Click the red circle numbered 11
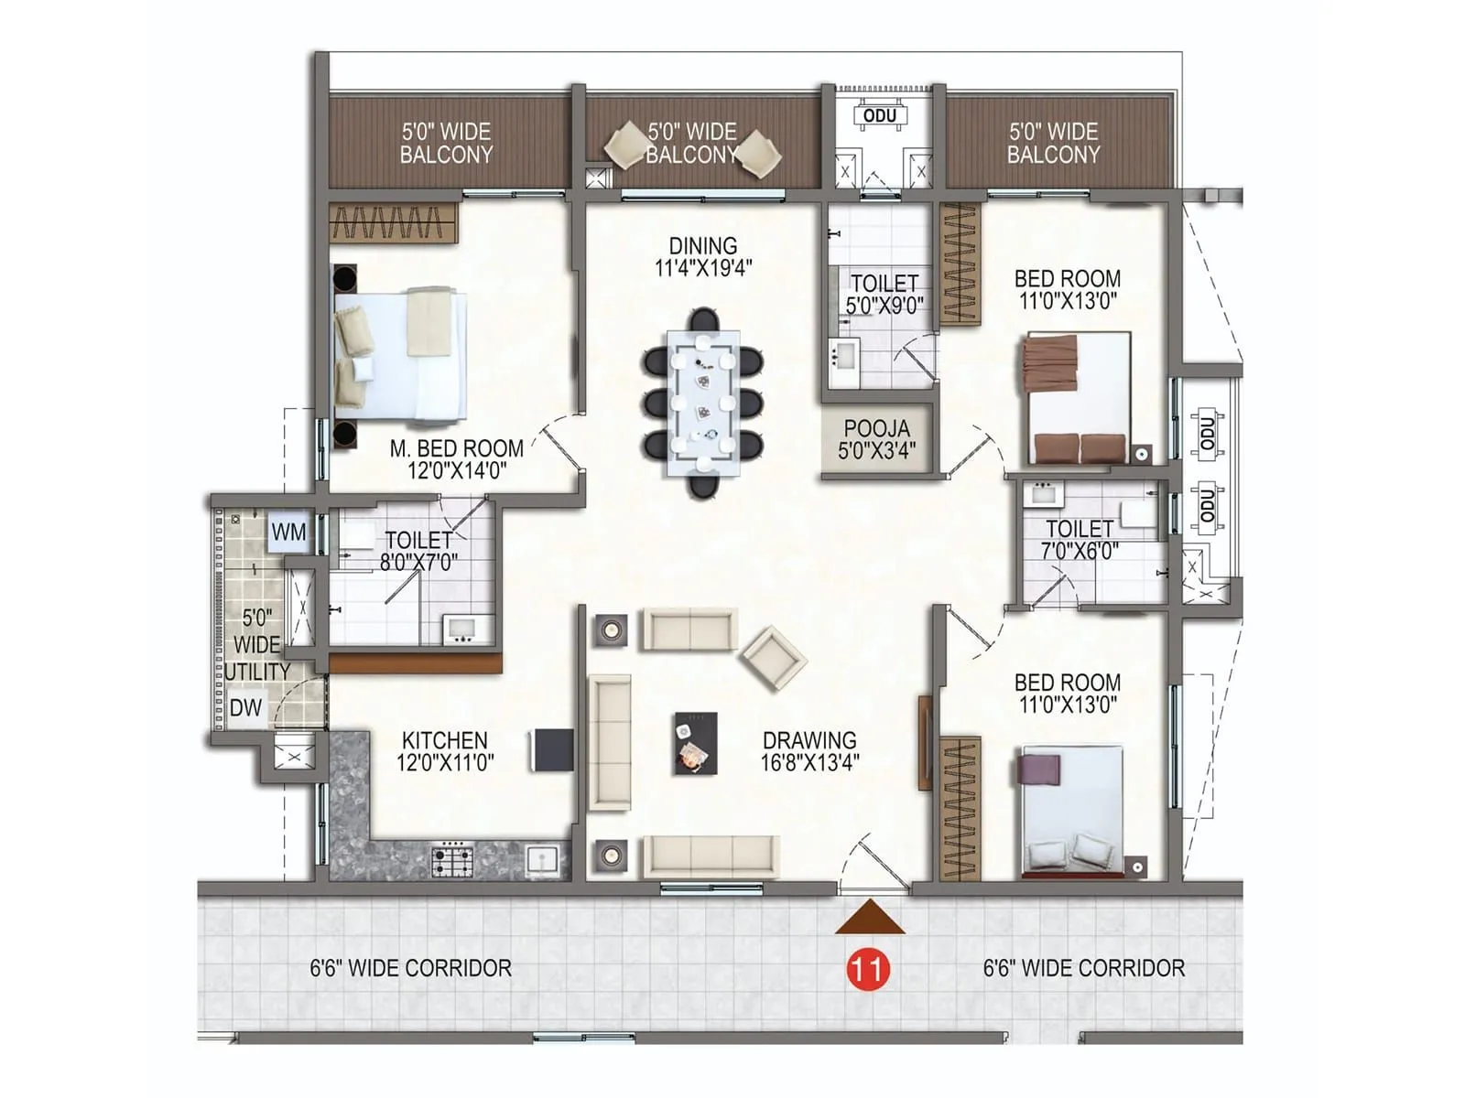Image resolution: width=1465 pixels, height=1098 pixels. pyautogui.click(x=867, y=968)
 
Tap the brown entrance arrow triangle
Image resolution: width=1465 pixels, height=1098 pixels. pyautogui.click(x=870, y=919)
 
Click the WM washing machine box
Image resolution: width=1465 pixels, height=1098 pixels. pyautogui.click(x=288, y=533)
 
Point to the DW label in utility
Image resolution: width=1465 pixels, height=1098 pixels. pyautogui.click(x=245, y=708)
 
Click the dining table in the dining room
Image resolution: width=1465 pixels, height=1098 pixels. pyautogui.click(x=703, y=403)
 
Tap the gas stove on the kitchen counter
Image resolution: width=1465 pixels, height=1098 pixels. pyautogui.click(x=452, y=859)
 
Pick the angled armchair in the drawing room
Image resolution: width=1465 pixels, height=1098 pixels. pyautogui.click(x=774, y=657)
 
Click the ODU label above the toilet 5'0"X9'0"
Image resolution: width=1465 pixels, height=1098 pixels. pyautogui.click(x=880, y=116)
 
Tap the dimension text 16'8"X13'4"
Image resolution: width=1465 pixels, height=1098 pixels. pyautogui.click(x=809, y=762)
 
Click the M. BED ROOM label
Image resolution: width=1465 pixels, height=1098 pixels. pyautogui.click(x=456, y=448)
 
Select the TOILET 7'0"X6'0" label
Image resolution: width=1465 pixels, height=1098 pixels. pyautogui.click(x=1080, y=540)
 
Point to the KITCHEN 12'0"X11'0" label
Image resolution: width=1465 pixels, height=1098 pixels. pyautogui.click(x=445, y=750)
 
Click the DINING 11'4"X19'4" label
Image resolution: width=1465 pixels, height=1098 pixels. pyautogui.click(x=702, y=257)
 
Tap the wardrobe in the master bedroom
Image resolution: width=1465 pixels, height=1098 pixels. pyautogui.click(x=393, y=223)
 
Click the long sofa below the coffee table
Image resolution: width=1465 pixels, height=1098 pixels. pyautogui.click(x=710, y=856)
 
